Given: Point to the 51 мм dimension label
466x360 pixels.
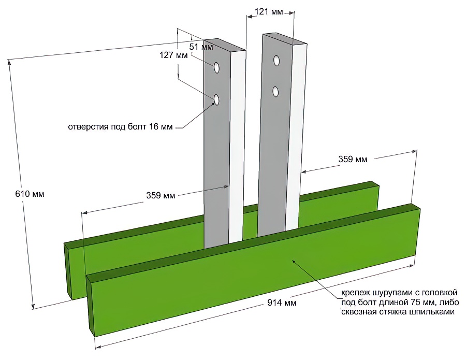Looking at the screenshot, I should click(x=201, y=47).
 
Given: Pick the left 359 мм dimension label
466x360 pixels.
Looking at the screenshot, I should click(x=161, y=196).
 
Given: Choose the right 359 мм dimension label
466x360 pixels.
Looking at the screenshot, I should click(x=353, y=159).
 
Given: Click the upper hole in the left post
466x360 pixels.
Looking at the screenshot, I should click(x=216, y=67).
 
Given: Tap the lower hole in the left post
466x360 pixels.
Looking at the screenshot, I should click(x=216, y=99).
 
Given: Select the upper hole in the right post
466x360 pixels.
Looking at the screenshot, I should click(x=277, y=61).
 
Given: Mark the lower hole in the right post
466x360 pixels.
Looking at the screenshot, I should click(x=276, y=92).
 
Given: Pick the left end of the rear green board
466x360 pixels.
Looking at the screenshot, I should click(x=68, y=269).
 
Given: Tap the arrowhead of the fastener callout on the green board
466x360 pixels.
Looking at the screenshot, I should click(x=293, y=261).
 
